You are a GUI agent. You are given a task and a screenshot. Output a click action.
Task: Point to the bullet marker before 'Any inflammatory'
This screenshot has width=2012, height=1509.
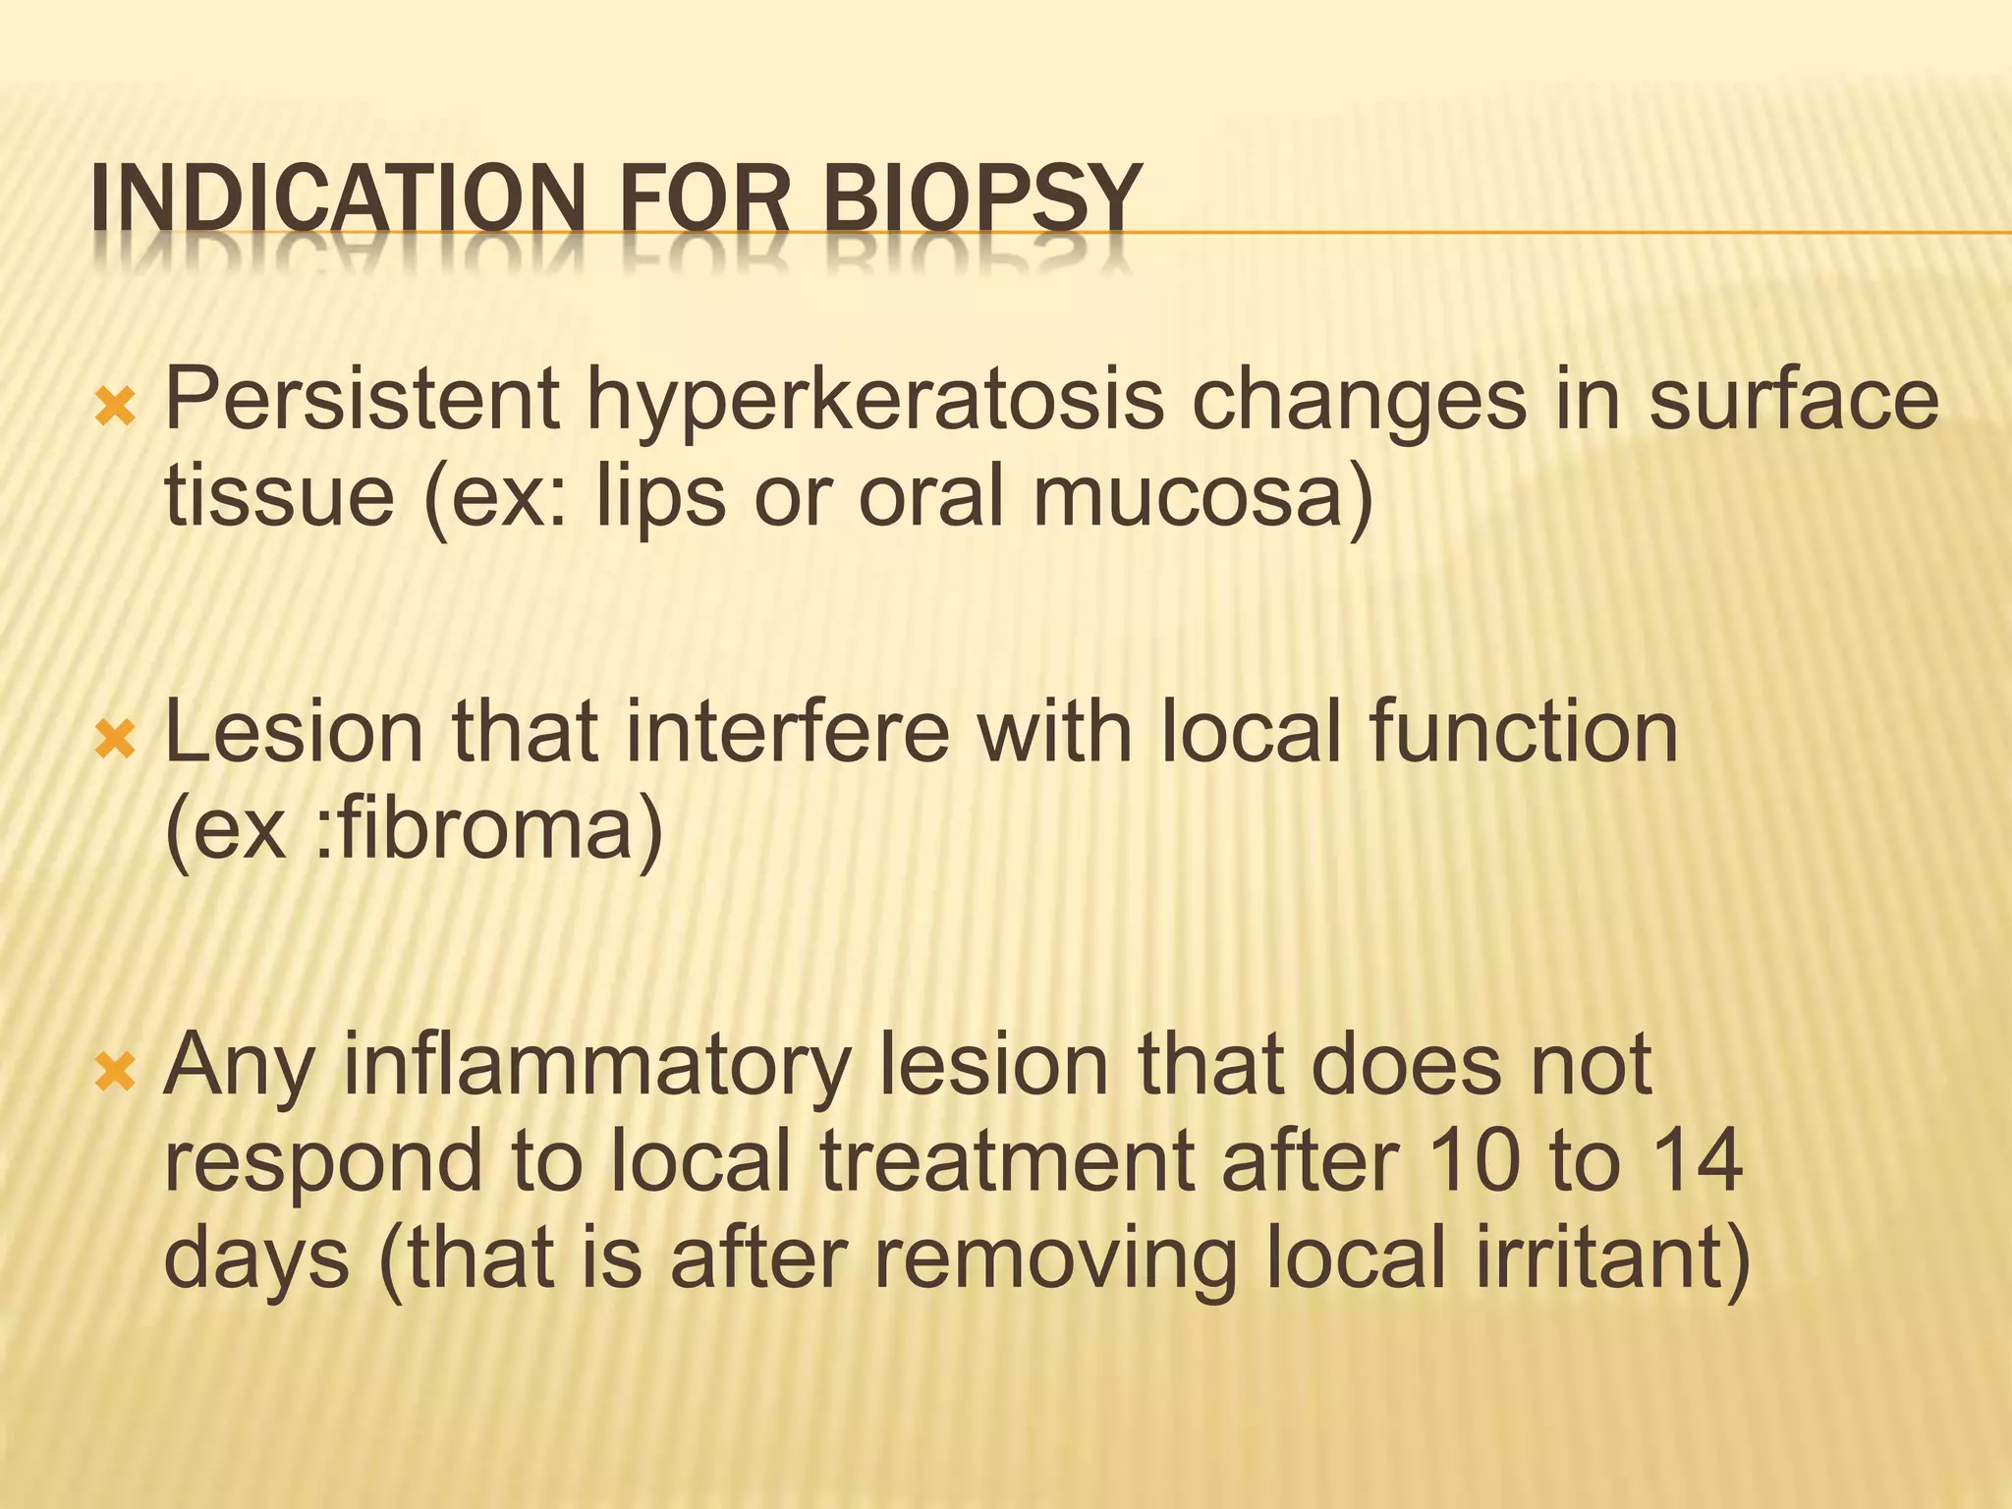coord(115,1072)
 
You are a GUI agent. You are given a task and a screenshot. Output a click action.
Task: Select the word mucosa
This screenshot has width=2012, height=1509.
coord(1201,495)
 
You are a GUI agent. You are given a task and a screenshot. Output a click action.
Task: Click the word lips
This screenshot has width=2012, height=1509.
coord(660,495)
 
